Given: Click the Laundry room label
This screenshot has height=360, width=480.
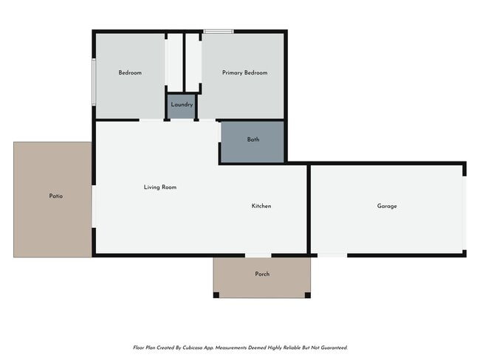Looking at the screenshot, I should tap(182, 105).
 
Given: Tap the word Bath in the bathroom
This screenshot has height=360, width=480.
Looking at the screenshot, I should tap(253, 139).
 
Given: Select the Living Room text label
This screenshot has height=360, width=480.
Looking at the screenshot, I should tap(160, 187).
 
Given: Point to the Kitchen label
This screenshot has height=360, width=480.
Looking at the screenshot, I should tap(261, 206).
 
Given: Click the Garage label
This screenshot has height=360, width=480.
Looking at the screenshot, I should tap(387, 206).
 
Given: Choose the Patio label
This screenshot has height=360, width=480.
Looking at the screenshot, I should tap(55, 196).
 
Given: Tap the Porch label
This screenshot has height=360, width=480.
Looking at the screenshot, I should tap(262, 274).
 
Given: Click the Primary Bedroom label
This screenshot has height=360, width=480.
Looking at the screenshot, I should tap(244, 73).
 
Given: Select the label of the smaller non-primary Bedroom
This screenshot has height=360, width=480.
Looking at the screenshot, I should tap(130, 73).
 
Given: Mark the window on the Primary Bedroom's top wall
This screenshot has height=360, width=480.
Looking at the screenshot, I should tap(219, 32).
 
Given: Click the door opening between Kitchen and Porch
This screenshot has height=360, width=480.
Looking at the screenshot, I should tap(258, 256).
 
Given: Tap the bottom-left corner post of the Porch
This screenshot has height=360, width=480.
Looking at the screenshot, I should tap(216, 295).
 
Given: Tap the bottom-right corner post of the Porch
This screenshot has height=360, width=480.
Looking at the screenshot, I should tap(309, 295).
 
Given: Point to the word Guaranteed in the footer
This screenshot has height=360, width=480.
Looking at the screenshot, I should tap(331, 347).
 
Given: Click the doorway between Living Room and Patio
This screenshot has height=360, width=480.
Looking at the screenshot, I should tap(93, 207).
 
